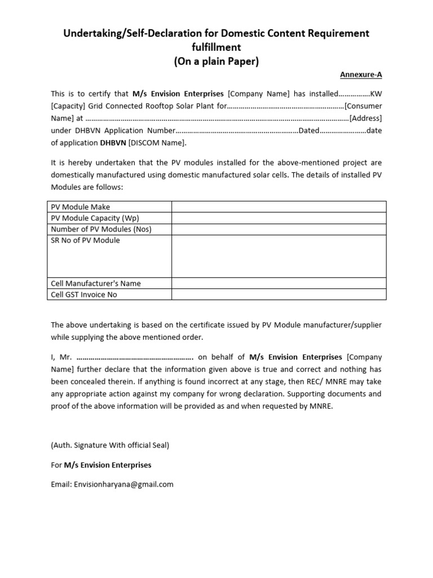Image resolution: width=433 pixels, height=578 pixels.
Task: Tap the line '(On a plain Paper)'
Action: pyautogui.click(x=216, y=62)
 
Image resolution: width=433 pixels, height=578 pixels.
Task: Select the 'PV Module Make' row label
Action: pyautogui.click(x=81, y=207)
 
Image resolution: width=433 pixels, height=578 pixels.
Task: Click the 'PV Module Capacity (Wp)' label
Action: pyautogui.click(x=95, y=218)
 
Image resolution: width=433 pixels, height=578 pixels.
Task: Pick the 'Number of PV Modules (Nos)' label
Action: pyautogui.click(x=101, y=229)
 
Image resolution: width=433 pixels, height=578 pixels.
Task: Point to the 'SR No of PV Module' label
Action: pyautogui.click(x=85, y=240)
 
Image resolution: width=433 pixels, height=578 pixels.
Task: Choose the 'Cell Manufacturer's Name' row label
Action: pyautogui.click(x=96, y=283)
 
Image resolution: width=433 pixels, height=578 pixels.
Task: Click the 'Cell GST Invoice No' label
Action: pyautogui.click(x=84, y=295)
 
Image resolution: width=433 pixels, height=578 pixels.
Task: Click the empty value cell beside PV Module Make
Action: pyautogui.click(x=279, y=207)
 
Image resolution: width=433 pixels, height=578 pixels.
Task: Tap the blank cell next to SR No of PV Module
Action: pyautogui.click(x=279, y=256)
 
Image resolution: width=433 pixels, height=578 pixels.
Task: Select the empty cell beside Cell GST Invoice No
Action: pyautogui.click(x=279, y=295)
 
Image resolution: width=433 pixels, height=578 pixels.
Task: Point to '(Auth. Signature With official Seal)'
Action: pyautogui.click(x=110, y=445)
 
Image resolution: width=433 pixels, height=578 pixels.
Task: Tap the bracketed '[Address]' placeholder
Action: pyautogui.click(x=365, y=119)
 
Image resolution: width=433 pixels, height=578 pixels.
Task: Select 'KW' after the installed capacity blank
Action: pyautogui.click(x=376, y=94)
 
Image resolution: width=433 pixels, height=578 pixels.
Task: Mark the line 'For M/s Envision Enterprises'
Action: pyautogui.click(x=101, y=466)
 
